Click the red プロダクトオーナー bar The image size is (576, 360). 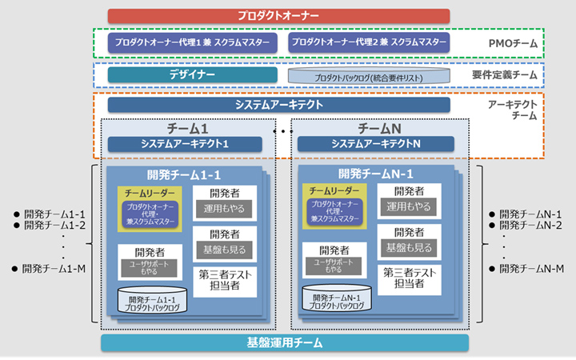click(x=278, y=15)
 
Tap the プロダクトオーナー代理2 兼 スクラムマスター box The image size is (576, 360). click(x=369, y=42)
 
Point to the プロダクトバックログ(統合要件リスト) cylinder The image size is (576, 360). click(x=369, y=75)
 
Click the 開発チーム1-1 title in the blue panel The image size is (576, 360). click(x=185, y=174)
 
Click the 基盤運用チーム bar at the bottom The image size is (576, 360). click(x=285, y=343)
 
